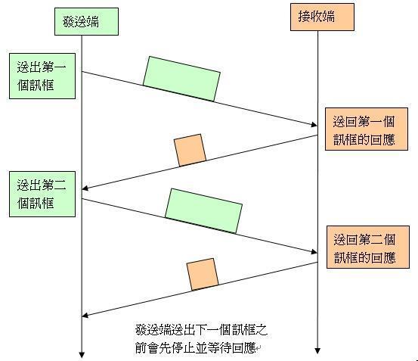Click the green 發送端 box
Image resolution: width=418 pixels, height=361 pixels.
click(x=86, y=21)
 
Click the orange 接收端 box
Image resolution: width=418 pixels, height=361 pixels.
click(x=322, y=17)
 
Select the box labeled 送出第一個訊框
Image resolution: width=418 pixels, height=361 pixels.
click(x=42, y=76)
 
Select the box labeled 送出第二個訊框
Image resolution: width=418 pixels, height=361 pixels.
click(x=42, y=194)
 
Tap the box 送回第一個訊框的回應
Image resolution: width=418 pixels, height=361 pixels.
click(x=367, y=129)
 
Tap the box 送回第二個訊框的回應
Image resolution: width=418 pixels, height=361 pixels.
click(x=368, y=247)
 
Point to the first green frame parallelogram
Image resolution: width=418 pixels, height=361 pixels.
click(x=181, y=79)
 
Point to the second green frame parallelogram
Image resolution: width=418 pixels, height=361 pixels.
click(x=203, y=211)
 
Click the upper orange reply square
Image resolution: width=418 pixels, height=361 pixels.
click(x=190, y=150)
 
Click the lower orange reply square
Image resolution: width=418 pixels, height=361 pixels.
click(x=203, y=274)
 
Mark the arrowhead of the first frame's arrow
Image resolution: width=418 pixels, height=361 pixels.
click(x=314, y=125)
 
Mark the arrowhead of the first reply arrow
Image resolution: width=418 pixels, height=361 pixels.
click(x=85, y=188)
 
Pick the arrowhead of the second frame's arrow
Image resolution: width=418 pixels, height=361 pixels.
click(x=314, y=251)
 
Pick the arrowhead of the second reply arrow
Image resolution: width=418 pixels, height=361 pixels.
click(x=85, y=316)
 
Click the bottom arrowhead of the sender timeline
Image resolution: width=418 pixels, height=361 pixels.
click(x=82, y=355)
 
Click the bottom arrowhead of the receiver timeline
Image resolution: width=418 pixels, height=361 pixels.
click(x=317, y=350)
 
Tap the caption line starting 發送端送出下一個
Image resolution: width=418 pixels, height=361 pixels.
click(x=201, y=330)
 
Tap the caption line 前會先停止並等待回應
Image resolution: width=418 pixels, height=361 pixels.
click(x=196, y=347)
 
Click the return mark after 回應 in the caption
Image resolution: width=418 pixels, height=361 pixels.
click(x=259, y=348)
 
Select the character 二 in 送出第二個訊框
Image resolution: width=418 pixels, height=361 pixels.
click(x=60, y=185)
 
